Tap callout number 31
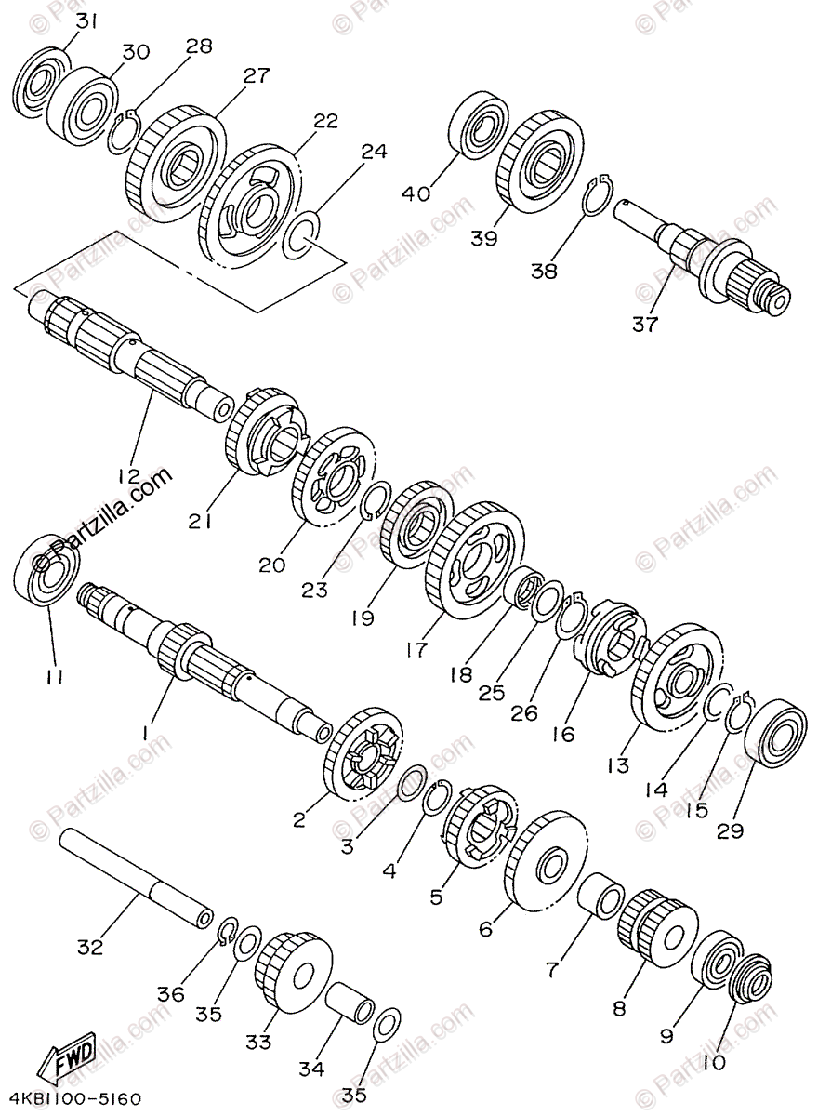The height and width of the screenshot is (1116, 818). pyautogui.click(x=85, y=20)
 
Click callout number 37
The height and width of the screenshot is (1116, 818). pyautogui.click(x=645, y=325)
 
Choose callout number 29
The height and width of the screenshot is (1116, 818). pyautogui.click(x=730, y=830)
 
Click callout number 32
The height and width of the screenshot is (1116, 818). pyautogui.click(x=90, y=949)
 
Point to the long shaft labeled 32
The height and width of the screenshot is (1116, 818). pyautogui.click(x=135, y=879)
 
